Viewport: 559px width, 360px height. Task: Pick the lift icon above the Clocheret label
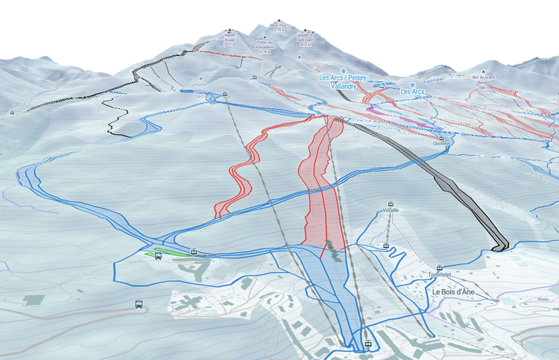(x=441, y=138)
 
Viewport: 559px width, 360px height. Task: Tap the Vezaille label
(x=389, y=210)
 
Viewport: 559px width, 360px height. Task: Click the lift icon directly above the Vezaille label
(x=389, y=203)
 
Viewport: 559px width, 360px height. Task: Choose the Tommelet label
(x=440, y=275)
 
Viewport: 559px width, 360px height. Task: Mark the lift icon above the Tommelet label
(x=440, y=267)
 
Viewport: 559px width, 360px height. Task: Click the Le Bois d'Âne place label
(x=454, y=292)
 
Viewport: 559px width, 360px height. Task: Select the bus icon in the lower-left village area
(x=139, y=304)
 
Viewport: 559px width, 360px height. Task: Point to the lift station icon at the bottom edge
(x=368, y=344)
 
